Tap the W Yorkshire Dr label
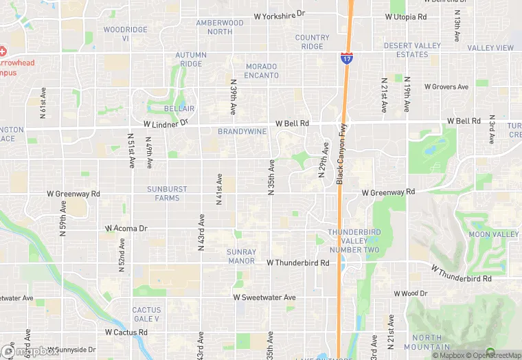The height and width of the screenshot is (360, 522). pyautogui.click(x=279, y=14)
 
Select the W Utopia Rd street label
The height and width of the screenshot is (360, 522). pyautogui.click(x=406, y=16)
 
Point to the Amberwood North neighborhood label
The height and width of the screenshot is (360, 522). pyautogui.click(x=220, y=27)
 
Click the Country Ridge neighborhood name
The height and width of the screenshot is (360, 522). pyautogui.click(x=312, y=42)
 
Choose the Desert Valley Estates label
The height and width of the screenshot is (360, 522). pyautogui.click(x=412, y=50)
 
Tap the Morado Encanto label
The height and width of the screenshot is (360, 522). pyautogui.click(x=261, y=71)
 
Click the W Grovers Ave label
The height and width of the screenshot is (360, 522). pyautogui.click(x=446, y=87)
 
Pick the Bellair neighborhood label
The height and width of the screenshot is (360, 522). pyautogui.click(x=179, y=109)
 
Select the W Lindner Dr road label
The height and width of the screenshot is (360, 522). pyautogui.click(x=166, y=124)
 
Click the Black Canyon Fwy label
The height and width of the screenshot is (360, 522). pyautogui.click(x=339, y=153)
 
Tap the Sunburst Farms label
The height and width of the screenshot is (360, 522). pyautogui.click(x=163, y=193)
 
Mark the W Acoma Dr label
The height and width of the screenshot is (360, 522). pyautogui.click(x=126, y=228)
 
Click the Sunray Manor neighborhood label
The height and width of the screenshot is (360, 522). pyautogui.click(x=241, y=256)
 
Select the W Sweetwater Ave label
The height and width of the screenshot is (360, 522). pyautogui.click(x=264, y=297)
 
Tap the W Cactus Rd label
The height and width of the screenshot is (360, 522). pyautogui.click(x=126, y=333)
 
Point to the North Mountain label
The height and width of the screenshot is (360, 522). pyautogui.click(x=427, y=342)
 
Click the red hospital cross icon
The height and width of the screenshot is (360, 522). pyautogui.click(x=3, y=51)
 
